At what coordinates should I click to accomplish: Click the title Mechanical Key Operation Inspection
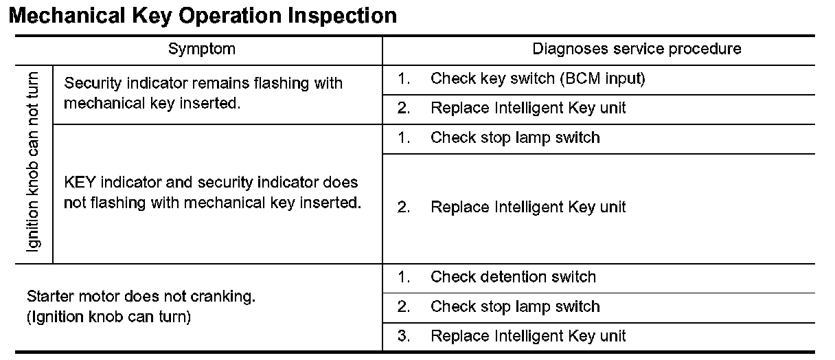[203, 16]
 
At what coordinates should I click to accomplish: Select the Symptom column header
[201, 49]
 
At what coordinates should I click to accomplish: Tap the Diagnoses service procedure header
[637, 49]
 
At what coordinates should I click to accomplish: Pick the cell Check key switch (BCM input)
[538, 79]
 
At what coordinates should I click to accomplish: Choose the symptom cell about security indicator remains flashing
[203, 94]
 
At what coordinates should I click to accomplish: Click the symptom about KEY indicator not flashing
[212, 194]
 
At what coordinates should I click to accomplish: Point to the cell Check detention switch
[513, 278]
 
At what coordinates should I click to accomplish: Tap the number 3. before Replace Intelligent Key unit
[404, 336]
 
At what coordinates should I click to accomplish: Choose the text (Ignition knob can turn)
[108, 318]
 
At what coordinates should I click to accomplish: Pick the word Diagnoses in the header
[566, 49]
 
